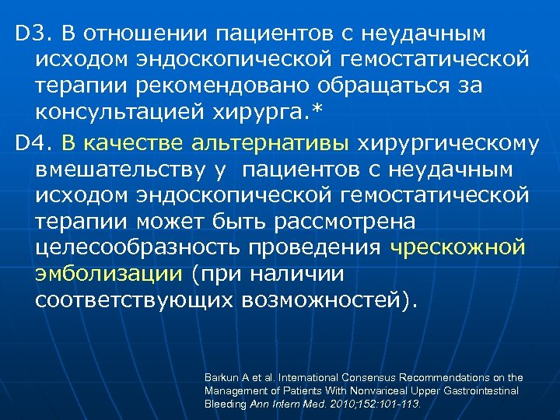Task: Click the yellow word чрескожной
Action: pyautogui.click(x=458, y=249)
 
